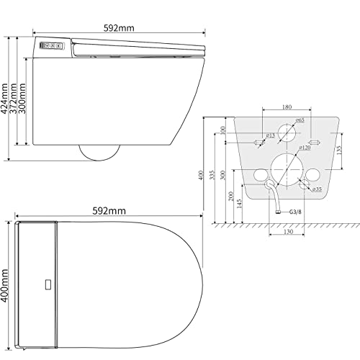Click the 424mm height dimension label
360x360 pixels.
tap(4, 99)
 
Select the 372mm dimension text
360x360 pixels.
tap(13, 99)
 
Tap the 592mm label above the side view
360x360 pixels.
tap(119, 28)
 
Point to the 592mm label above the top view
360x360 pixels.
tap(109, 211)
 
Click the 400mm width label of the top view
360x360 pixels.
tap(5, 285)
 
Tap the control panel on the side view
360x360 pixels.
tap(52, 45)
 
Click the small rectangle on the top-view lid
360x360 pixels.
tap(48, 284)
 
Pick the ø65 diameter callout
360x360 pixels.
tap(300, 120)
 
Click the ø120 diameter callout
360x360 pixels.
tap(305, 148)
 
